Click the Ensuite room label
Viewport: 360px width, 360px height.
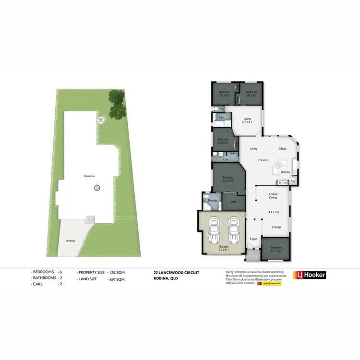[x=213, y=200]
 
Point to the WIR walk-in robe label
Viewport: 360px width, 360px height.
[x=233, y=202]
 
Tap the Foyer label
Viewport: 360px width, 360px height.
[x=254, y=239]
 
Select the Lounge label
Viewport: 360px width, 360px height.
[x=276, y=227]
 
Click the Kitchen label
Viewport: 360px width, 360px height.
[x=286, y=172]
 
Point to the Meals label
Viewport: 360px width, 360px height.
[x=283, y=149]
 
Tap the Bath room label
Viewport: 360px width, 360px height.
[x=221, y=117]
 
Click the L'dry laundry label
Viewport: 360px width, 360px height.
[x=226, y=159]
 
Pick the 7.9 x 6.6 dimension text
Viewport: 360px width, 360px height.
[x=264, y=160]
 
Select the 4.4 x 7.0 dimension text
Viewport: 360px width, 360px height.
[x=274, y=212]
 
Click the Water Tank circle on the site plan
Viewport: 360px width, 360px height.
[x=101, y=120]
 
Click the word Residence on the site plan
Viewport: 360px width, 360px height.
[x=89, y=176]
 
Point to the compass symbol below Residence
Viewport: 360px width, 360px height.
[x=96, y=188]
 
